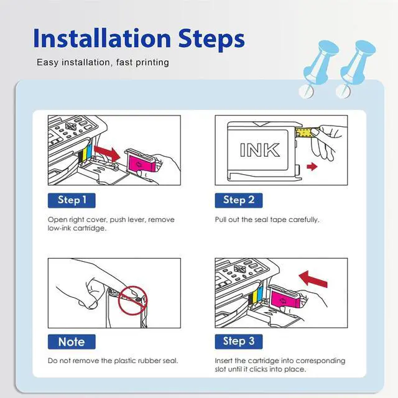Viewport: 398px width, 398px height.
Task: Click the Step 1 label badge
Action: [72, 200]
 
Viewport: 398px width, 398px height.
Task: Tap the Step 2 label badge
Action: [239, 200]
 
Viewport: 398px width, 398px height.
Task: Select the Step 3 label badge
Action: [239, 341]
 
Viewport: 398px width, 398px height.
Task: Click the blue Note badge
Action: [72, 341]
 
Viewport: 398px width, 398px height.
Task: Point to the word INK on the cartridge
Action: [260, 150]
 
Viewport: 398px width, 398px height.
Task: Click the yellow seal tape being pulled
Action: [304, 132]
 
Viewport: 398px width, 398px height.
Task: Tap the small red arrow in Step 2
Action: [312, 167]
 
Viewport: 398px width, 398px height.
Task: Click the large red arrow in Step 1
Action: [106, 153]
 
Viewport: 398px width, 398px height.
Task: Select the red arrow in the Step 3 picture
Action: [313, 279]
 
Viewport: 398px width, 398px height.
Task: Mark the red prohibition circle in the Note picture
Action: [132, 300]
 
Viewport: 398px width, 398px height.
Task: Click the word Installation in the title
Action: [102, 39]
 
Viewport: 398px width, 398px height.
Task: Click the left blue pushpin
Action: [320, 69]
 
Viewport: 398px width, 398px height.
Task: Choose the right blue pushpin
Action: [356, 69]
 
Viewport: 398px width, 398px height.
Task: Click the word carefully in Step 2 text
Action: [303, 220]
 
